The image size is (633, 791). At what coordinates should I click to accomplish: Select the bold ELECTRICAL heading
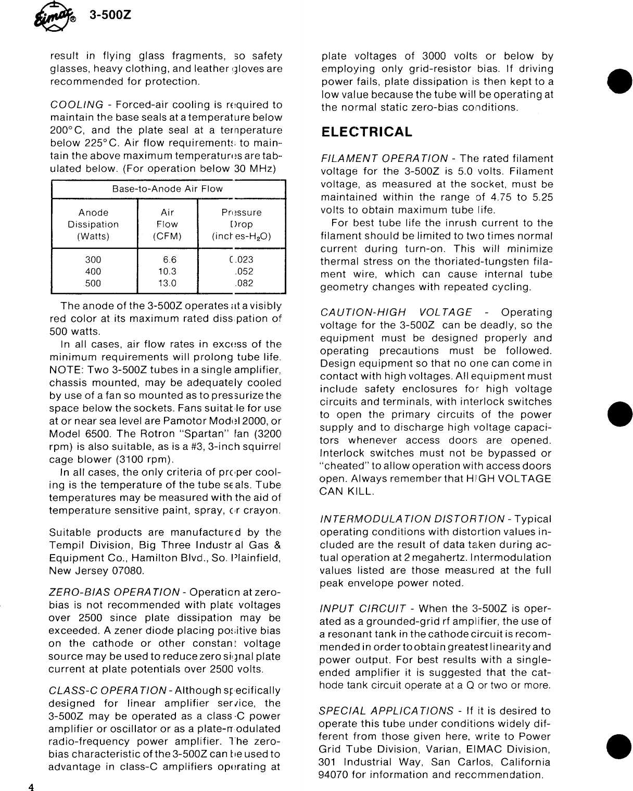[366, 132]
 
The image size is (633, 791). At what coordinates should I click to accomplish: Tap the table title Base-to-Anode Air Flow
[167, 189]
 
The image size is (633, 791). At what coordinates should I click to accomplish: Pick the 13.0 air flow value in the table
[167, 284]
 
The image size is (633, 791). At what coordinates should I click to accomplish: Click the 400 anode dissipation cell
[93, 272]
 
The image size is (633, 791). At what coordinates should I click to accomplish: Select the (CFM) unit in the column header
[167, 236]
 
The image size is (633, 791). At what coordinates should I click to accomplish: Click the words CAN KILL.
[346, 491]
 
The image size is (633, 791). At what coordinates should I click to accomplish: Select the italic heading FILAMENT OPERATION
[384, 159]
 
